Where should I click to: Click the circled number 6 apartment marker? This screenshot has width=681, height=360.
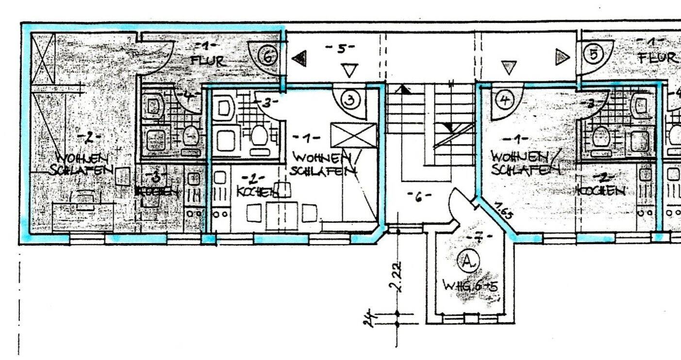tap(267, 56)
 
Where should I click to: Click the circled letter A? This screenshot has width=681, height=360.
tap(468, 262)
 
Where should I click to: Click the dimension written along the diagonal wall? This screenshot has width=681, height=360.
tap(504, 212)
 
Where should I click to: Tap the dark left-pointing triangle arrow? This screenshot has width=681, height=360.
tap(299, 59)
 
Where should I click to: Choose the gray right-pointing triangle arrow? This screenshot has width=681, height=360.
tap(562, 58)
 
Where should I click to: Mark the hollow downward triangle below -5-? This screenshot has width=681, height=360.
tap(349, 70)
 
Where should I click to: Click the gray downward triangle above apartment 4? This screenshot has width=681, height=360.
tap(508, 67)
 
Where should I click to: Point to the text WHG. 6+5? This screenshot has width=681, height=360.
tap(470, 286)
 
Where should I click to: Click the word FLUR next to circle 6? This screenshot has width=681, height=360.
tap(208, 61)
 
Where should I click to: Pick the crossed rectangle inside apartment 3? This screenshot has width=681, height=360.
tap(353, 135)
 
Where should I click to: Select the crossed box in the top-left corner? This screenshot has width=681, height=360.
tap(43, 58)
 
